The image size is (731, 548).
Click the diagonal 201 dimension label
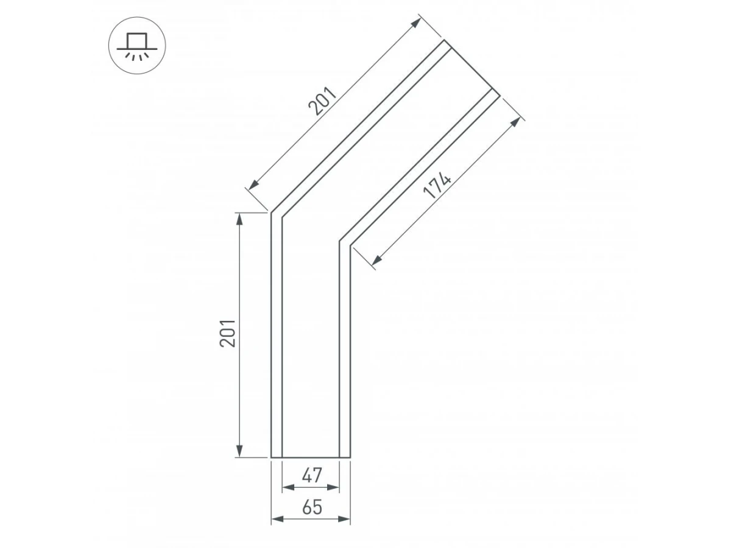(322, 101)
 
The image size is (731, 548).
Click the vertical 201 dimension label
(228, 334)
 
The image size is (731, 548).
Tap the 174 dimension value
(437, 185)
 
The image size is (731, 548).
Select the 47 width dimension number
(312, 475)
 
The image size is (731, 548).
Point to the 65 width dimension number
(312, 507)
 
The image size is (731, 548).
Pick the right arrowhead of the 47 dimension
(333, 488)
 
